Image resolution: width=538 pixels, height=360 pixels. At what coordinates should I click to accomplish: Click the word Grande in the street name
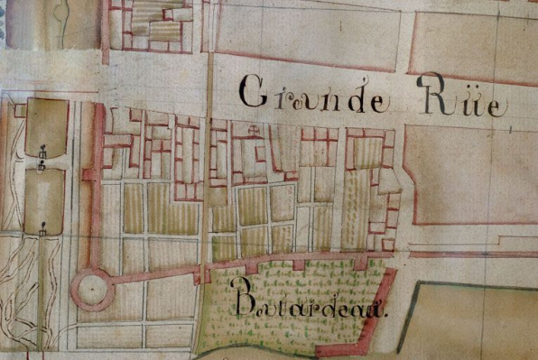315,96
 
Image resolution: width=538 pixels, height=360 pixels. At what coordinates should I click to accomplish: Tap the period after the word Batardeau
386,316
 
